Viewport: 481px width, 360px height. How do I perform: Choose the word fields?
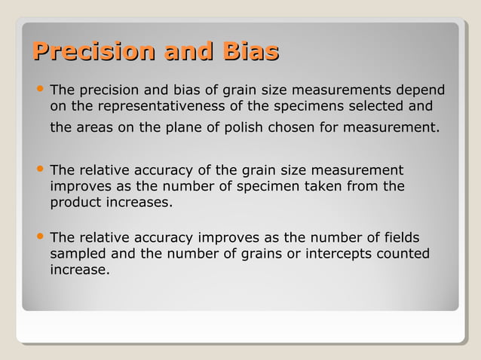397,236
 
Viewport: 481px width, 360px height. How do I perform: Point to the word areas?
95,127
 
